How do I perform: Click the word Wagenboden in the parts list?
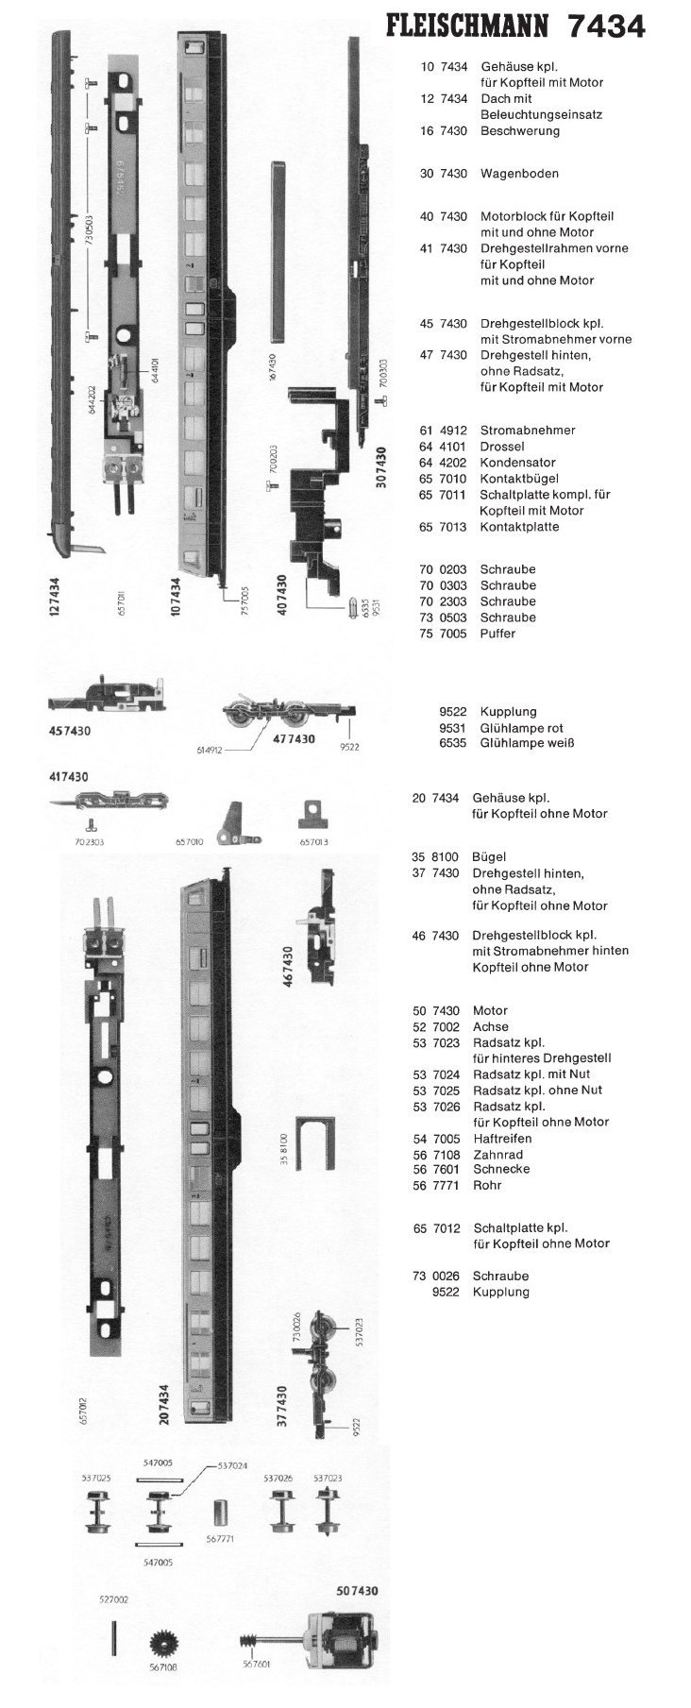coord(519,174)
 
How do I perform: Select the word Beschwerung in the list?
coord(519,131)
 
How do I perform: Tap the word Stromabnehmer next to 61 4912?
coord(528,431)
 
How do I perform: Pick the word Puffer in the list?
coord(497,634)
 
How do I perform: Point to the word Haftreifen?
coord(504,1139)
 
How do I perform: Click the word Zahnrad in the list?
coord(497,1155)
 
